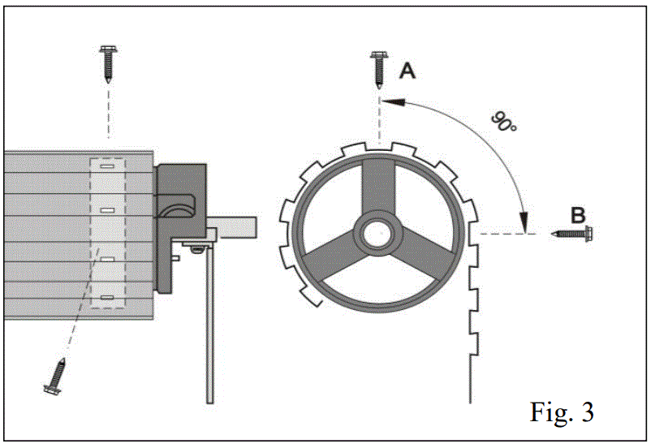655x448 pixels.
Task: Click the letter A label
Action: (407, 71)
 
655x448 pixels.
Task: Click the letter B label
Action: (578, 216)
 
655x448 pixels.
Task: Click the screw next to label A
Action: (377, 68)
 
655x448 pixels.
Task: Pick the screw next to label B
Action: (577, 234)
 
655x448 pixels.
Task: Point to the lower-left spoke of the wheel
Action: (334, 258)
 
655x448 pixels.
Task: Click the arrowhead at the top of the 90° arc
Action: (390, 102)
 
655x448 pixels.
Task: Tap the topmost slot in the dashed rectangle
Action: (107, 169)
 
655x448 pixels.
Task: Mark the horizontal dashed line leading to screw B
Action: (507, 234)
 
